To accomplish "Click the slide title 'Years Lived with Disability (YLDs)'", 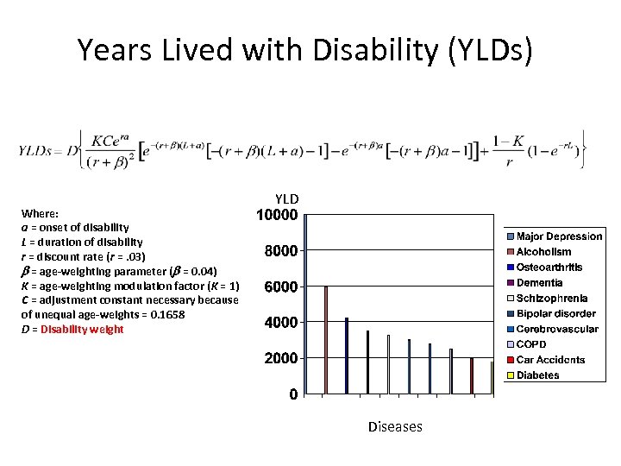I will (305, 51).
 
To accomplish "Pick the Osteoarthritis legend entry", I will (549, 268).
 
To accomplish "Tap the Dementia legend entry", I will (539, 283).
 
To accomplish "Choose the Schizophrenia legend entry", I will (552, 298).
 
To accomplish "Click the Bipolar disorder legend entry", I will (555, 313).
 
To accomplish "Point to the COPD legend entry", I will (531, 344).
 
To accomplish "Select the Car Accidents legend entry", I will (550, 360).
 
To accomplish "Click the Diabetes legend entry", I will (537, 375).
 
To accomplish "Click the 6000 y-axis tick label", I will (280, 287).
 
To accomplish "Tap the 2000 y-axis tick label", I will (280, 358).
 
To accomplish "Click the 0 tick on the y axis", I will (294, 394).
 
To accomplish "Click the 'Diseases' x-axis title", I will (395, 426).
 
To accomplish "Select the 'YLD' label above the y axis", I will (286, 198).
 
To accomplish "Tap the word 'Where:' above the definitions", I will (40, 212).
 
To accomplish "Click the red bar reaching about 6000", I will (326, 340).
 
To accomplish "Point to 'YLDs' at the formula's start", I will (36, 149).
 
